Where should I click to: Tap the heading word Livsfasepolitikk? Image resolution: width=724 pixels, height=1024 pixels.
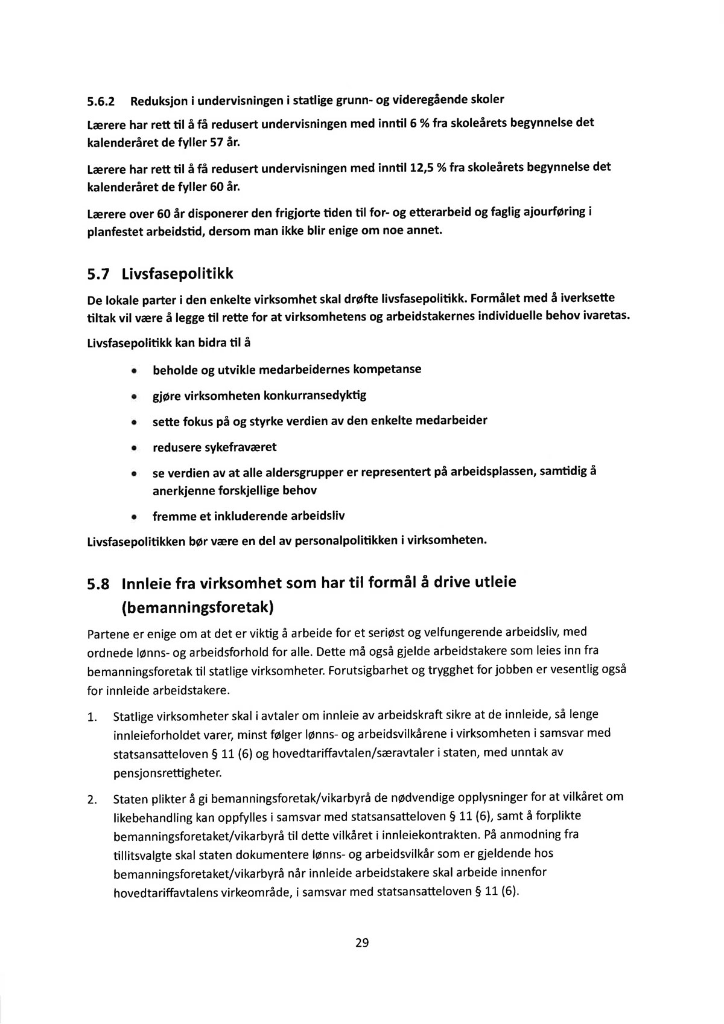click(x=177, y=275)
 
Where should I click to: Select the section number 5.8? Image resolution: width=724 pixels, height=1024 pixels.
click(x=98, y=584)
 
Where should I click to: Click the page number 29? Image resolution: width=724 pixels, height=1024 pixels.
click(x=362, y=942)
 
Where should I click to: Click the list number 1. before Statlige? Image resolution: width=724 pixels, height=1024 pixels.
click(x=92, y=718)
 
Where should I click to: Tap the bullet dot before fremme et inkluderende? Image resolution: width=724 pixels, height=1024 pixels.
click(x=133, y=517)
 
